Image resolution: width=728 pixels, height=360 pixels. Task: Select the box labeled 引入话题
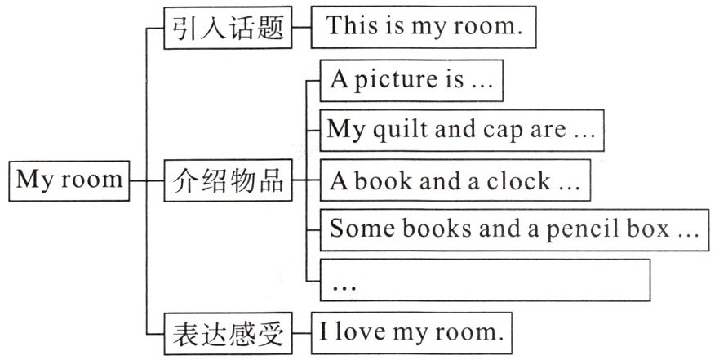tap(228, 29)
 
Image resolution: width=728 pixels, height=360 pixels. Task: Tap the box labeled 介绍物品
tap(228, 180)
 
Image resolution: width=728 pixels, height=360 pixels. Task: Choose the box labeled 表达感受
tap(228, 332)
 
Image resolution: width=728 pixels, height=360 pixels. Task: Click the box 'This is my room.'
tap(424, 27)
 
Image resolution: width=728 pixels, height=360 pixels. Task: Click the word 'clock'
tap(519, 181)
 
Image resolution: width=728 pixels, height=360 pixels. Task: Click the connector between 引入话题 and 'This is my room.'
tap(301, 29)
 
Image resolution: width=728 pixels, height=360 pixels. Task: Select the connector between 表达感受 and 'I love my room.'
tap(301, 332)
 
